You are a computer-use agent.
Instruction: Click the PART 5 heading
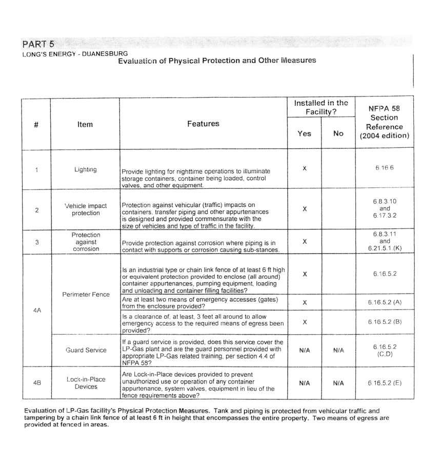point(38,44)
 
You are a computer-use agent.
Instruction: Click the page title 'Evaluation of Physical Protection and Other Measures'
point(217,61)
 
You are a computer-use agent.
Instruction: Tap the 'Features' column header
point(203,124)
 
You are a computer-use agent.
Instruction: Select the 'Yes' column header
point(304,133)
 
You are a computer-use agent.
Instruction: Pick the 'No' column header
point(338,133)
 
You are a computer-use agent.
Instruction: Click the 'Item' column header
point(85,124)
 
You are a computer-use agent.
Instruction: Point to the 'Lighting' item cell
point(85,169)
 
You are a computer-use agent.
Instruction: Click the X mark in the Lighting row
point(305,168)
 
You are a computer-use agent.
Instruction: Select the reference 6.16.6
point(384,168)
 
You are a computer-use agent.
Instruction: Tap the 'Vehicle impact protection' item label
point(86,209)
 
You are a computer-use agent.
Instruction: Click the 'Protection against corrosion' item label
point(86,242)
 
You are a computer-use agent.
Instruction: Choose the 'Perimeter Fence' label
point(86,295)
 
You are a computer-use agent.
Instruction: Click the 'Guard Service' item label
point(86,350)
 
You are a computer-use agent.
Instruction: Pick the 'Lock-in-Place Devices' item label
point(86,383)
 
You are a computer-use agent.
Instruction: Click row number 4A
point(37,311)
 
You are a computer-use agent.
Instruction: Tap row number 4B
point(37,383)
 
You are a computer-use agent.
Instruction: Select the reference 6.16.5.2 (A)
point(384,302)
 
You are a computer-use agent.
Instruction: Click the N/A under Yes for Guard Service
point(305,350)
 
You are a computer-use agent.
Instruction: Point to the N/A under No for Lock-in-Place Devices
point(338,383)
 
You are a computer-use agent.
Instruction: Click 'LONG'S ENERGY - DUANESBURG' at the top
point(75,53)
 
